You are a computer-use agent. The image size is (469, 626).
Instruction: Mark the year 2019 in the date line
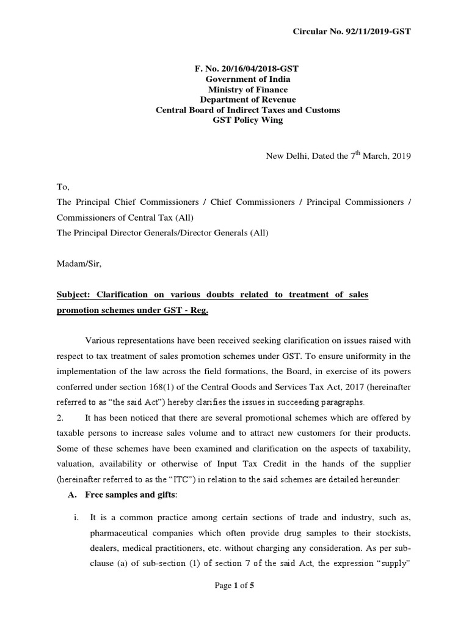pyautogui.click(x=401, y=156)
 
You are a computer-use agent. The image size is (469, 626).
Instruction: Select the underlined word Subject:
pyautogui.click(x=74, y=295)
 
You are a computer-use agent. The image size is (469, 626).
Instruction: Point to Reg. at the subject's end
pyautogui.click(x=198, y=310)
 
